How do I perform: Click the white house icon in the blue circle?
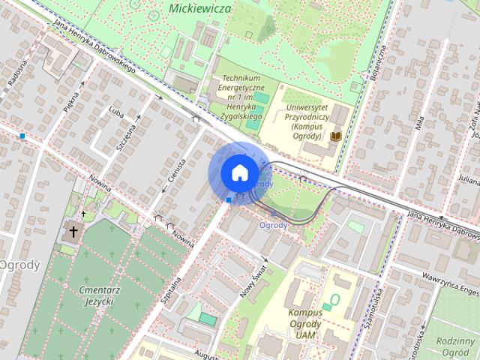[x=238, y=172]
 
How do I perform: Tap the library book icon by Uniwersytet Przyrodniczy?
[x=337, y=136]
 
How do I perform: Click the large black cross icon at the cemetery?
[x=73, y=232]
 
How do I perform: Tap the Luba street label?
[x=115, y=112]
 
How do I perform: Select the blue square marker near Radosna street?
[x=24, y=136]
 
